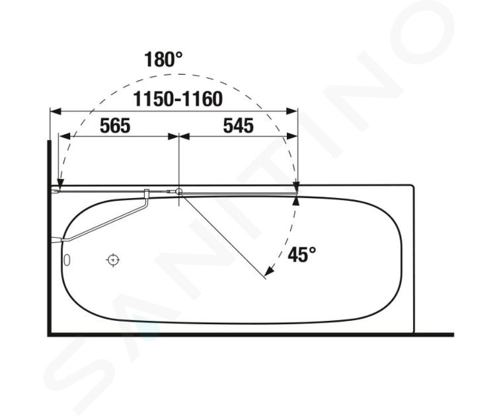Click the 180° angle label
click(x=163, y=59)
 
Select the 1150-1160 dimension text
click(x=178, y=99)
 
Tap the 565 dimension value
click(x=115, y=125)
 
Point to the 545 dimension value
click(x=239, y=125)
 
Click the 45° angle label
click(x=301, y=254)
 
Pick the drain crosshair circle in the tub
click(x=112, y=260)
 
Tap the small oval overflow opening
click(x=67, y=260)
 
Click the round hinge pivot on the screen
click(x=179, y=191)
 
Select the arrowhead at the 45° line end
click(x=269, y=271)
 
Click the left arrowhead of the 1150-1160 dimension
click(x=56, y=112)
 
